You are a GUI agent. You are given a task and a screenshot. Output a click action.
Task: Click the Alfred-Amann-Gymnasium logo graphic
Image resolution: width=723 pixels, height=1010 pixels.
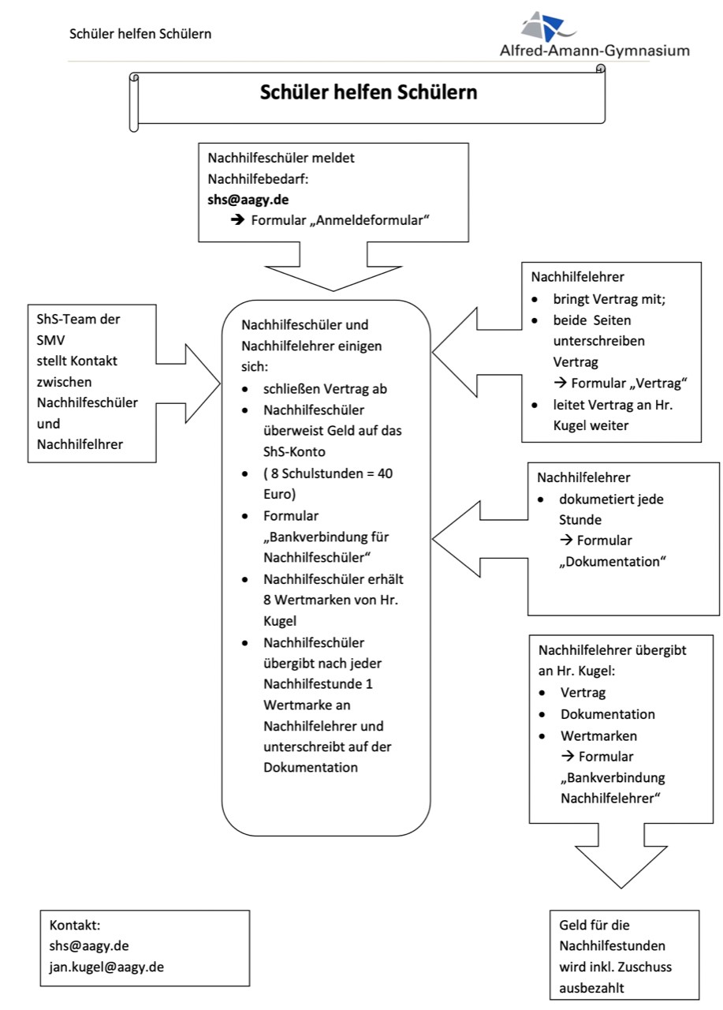(x=548, y=26)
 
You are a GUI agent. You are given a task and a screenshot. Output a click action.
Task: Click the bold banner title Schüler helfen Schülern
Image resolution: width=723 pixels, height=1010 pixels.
(x=368, y=92)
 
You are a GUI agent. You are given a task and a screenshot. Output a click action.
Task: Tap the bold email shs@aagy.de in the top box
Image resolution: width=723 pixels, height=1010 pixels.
(x=248, y=200)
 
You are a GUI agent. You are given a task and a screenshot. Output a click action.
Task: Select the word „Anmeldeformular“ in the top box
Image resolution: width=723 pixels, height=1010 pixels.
(x=369, y=220)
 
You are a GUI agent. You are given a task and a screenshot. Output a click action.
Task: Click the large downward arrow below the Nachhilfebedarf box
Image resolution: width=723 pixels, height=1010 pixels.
(x=334, y=267)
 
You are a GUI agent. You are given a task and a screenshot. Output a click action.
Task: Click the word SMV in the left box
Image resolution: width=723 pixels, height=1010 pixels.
(x=50, y=340)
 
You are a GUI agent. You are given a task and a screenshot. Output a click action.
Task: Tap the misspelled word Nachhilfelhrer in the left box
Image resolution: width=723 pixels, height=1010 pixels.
(x=80, y=444)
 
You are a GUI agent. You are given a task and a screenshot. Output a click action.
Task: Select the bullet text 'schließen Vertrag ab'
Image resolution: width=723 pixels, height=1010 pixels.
(x=325, y=389)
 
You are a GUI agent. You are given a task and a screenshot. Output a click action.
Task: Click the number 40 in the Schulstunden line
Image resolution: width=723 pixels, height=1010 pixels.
(x=385, y=473)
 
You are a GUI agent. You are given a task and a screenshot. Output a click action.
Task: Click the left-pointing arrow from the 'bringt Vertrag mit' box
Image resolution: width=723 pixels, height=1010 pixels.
(x=477, y=352)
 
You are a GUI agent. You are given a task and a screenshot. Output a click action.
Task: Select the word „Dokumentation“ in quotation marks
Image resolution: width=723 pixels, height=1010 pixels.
(x=612, y=561)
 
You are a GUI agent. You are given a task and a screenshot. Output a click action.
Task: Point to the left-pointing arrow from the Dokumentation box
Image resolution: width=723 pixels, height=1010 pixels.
(x=480, y=539)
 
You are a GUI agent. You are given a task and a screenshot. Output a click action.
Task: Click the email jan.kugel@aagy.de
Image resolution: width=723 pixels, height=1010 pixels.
(x=106, y=967)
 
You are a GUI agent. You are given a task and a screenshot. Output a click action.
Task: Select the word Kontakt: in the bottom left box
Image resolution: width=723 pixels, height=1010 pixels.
(x=75, y=926)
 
